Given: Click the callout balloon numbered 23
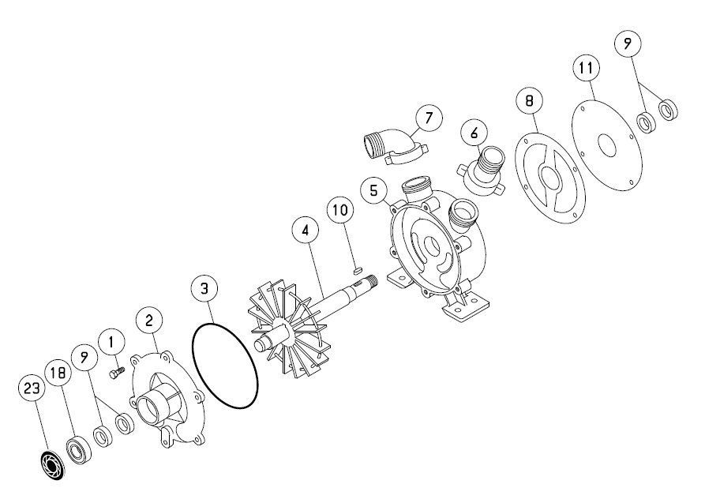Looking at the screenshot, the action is (32, 388).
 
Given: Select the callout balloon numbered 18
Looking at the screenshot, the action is (58, 373).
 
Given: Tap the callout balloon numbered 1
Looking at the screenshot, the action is (111, 342).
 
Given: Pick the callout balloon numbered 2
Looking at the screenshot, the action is (148, 321).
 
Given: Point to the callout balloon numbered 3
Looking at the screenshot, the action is (204, 289).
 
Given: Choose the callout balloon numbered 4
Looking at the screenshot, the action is (306, 231).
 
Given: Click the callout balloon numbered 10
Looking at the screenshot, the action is (340, 210).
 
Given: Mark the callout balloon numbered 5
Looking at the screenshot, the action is (374, 190).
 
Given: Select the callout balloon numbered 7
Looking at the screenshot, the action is (429, 118).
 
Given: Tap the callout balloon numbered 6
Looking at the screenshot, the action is (474, 133).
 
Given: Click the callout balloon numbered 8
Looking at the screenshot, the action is (530, 100).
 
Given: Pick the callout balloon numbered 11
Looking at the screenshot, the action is (587, 69).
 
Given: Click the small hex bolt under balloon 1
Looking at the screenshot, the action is (117, 373).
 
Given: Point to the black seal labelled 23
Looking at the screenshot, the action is (51, 465).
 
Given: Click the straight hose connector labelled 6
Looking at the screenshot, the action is (482, 171).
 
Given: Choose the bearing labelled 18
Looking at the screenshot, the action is (78, 449).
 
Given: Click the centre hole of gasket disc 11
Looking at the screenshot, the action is (607, 145).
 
